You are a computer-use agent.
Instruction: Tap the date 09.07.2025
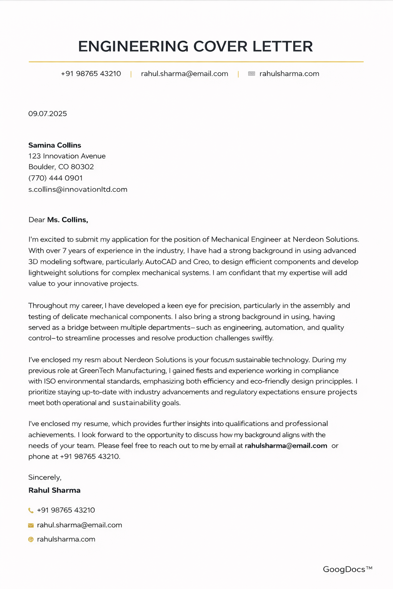click(48, 114)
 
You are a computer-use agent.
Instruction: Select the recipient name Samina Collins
click(55, 145)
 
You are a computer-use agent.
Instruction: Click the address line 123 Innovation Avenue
click(67, 156)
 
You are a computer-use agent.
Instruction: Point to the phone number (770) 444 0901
click(56, 178)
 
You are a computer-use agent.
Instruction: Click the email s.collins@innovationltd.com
click(78, 189)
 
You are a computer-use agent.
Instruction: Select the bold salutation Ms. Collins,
click(68, 220)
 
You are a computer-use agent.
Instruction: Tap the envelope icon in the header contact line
click(251, 74)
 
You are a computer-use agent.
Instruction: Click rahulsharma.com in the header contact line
click(289, 74)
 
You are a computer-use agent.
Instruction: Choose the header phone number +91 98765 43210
click(91, 74)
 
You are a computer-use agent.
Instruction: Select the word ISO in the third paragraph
click(50, 382)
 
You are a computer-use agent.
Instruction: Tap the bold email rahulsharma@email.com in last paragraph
click(286, 446)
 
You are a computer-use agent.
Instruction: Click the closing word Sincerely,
click(45, 477)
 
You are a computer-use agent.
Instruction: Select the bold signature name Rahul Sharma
click(54, 490)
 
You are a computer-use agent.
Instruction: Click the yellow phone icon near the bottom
click(31, 510)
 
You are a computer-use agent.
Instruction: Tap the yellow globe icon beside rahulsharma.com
click(31, 540)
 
